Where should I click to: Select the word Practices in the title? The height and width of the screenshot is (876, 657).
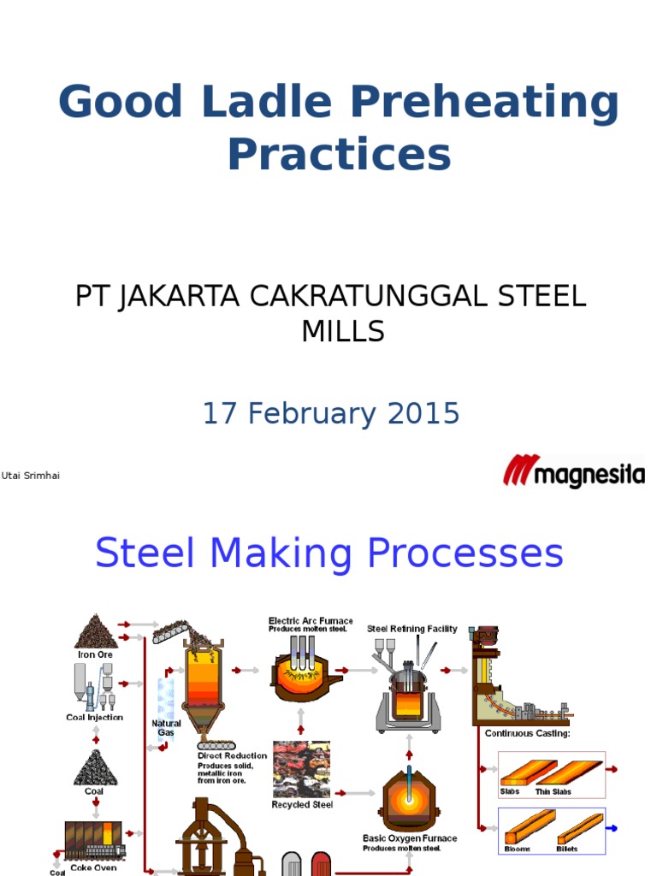[x=339, y=155]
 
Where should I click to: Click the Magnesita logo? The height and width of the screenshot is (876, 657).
[x=573, y=471]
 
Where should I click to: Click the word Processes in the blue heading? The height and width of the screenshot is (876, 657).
[x=466, y=553]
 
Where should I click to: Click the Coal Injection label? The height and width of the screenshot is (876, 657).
[x=94, y=718]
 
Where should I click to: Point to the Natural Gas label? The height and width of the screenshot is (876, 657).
[x=167, y=728]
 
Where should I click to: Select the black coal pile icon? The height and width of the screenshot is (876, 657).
[x=94, y=767]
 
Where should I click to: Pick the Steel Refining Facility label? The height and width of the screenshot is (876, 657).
[x=412, y=629]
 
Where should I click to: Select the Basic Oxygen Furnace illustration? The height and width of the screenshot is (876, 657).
[x=409, y=801]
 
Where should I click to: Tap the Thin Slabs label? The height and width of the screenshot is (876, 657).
[x=554, y=792]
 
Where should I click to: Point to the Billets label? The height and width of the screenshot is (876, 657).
[x=566, y=849]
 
